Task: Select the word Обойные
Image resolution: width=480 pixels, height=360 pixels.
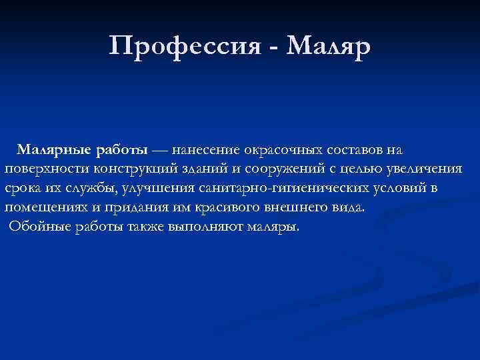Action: click(x=34, y=227)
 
